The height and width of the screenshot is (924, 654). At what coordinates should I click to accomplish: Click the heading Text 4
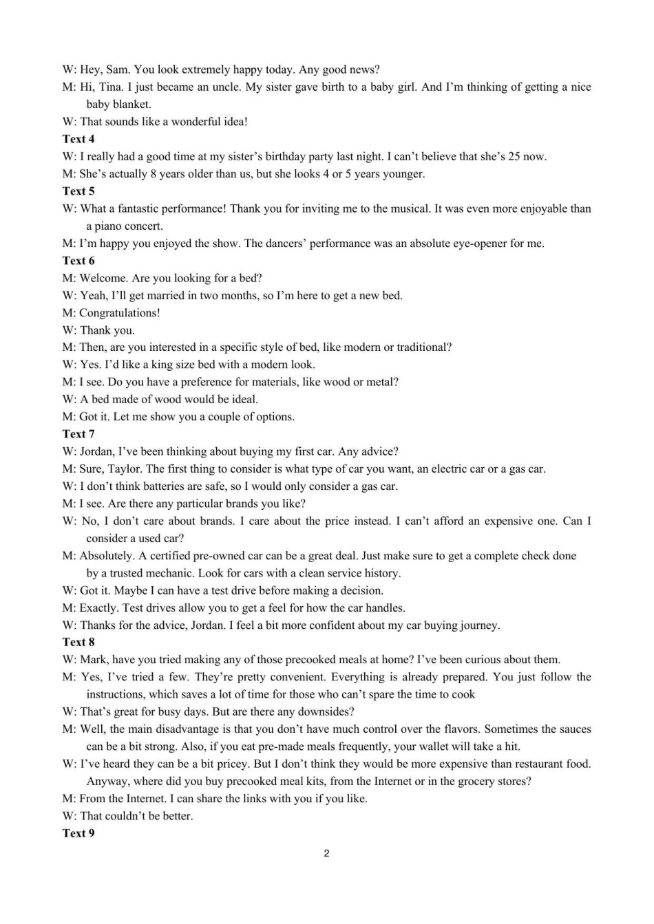[x=78, y=139]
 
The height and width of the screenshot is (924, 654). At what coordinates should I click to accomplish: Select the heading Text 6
[x=78, y=261]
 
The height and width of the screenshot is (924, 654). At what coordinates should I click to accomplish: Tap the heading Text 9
[x=78, y=833]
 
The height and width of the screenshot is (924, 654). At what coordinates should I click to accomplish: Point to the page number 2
[x=326, y=854]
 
